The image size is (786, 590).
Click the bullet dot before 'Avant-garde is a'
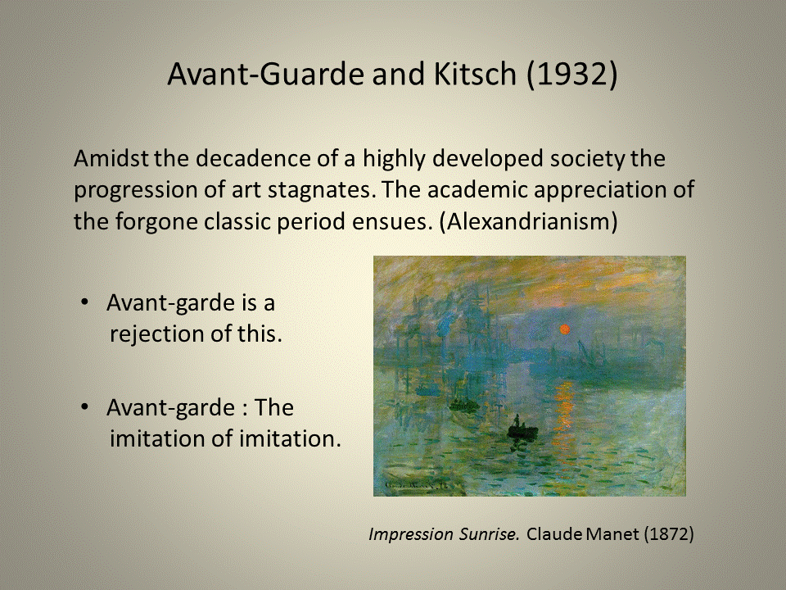85,302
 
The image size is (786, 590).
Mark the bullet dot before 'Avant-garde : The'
85,406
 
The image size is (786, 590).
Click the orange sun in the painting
564,329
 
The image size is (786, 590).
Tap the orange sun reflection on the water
564,402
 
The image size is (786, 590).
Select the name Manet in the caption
612,534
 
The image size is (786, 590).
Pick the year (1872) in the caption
669,534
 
